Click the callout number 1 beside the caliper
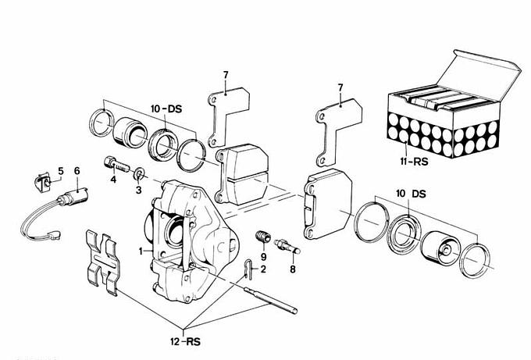141,251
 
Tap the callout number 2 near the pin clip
264,269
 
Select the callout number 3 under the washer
138,189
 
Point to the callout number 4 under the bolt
113,180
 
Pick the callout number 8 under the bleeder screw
294,269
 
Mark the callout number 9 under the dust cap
263,257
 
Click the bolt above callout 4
114,165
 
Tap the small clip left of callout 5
45,181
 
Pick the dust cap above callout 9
263,237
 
